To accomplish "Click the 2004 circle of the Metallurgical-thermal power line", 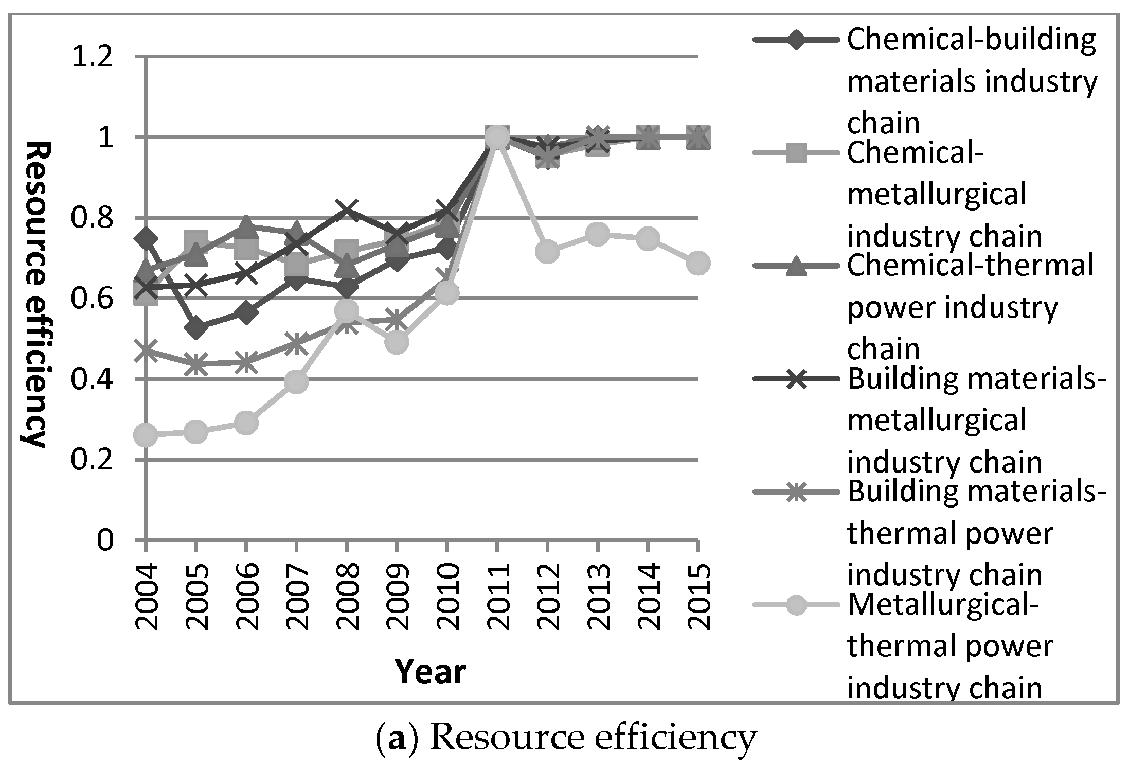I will pyautogui.click(x=146, y=435).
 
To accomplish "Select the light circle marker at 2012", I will pyautogui.click(x=547, y=251).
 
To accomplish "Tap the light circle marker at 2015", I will pyautogui.click(x=697, y=263).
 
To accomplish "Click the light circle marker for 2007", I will pyautogui.click(x=296, y=382).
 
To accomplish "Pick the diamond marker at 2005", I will pyautogui.click(x=196, y=327).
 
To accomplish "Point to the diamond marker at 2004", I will pyautogui.click(x=146, y=238).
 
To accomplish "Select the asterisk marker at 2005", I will pyautogui.click(x=196, y=363).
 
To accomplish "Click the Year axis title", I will pyautogui.click(x=430, y=671).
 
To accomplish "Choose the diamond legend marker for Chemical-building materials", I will pyautogui.click(x=793, y=40).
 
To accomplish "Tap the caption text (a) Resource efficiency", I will pyautogui.click(x=566, y=737).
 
